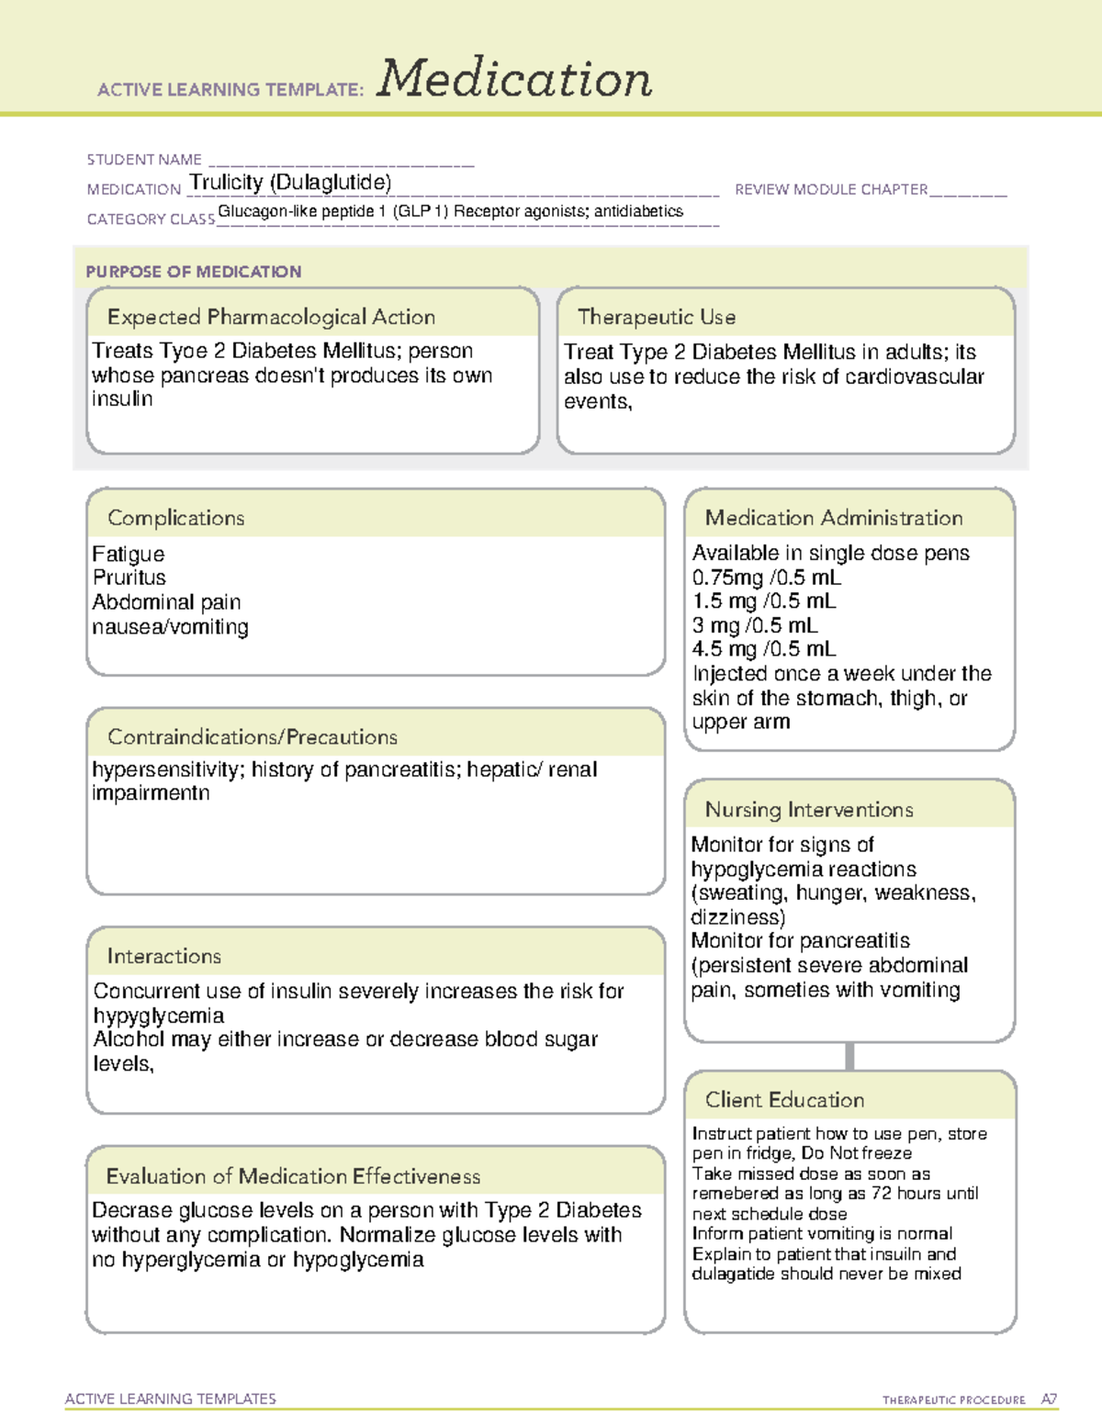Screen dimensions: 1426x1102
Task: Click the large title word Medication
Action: (514, 79)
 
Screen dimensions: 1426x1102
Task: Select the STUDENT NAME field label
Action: (144, 160)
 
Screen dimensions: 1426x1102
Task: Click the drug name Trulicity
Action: (227, 183)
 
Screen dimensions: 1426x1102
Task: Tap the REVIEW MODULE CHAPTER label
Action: (831, 189)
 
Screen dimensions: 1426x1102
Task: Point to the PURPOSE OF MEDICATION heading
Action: (194, 272)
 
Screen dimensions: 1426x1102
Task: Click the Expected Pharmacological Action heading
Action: (271, 317)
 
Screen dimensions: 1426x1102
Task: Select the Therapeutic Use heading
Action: (657, 317)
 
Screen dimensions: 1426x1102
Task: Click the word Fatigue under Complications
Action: (129, 555)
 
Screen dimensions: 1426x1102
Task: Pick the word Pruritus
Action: (129, 578)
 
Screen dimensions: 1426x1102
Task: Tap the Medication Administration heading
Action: (834, 518)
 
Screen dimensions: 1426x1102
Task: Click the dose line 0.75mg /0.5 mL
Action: (766, 578)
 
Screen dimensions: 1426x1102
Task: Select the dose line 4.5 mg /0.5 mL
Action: (764, 649)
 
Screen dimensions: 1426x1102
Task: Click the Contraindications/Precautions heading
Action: (253, 737)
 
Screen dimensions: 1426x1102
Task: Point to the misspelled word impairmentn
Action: (151, 793)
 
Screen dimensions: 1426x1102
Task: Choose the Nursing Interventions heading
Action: (809, 810)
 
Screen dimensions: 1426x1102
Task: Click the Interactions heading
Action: (164, 957)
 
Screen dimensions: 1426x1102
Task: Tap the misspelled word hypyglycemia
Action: (159, 1016)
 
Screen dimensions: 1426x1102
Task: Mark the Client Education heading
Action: (784, 1100)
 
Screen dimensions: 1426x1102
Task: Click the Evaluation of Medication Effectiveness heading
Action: (293, 1176)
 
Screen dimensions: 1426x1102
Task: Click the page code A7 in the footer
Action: (1049, 1399)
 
